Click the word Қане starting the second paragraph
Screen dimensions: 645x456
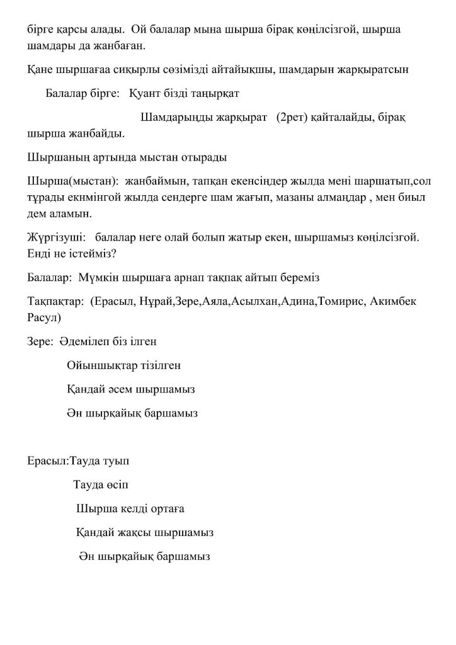pos(41,70)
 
